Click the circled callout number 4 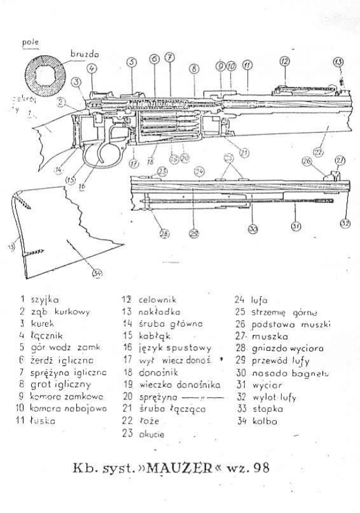[93, 68]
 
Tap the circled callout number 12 [285, 61]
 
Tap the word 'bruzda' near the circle [85, 53]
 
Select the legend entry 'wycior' [267, 384]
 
